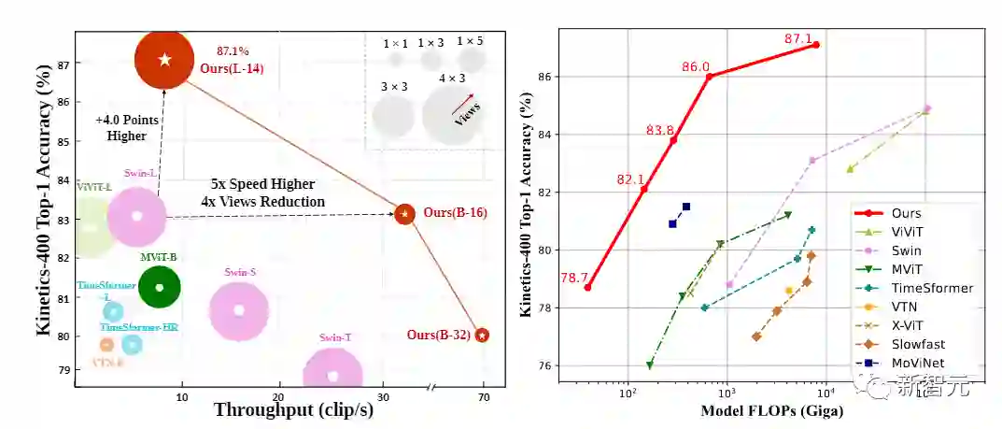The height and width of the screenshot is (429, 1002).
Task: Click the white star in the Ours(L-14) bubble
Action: [x=165, y=60]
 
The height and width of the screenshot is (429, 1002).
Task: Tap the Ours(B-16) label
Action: [x=455, y=213]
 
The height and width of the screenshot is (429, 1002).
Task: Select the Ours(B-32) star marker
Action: [x=482, y=336]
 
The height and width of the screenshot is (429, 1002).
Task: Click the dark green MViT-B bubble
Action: [x=159, y=287]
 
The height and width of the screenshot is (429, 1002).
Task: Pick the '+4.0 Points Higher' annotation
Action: [x=121, y=128]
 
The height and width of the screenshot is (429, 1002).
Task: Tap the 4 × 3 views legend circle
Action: [x=451, y=113]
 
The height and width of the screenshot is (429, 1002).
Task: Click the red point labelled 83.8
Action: [x=673, y=139]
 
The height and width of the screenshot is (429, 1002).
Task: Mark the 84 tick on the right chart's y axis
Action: [x=545, y=134]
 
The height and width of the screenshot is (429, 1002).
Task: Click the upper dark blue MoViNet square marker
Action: [x=686, y=207]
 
